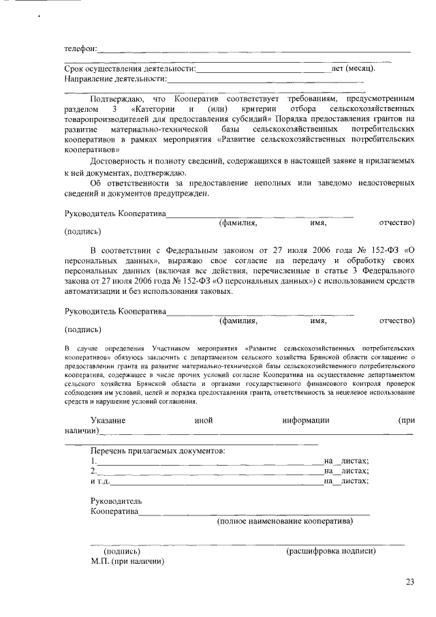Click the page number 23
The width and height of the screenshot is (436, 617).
409,582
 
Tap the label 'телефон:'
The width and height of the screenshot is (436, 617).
80,48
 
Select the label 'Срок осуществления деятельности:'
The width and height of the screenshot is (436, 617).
130,68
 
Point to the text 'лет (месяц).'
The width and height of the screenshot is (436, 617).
352,68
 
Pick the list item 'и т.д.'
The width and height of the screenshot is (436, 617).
101,481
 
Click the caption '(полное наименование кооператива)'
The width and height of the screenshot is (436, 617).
285,522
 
